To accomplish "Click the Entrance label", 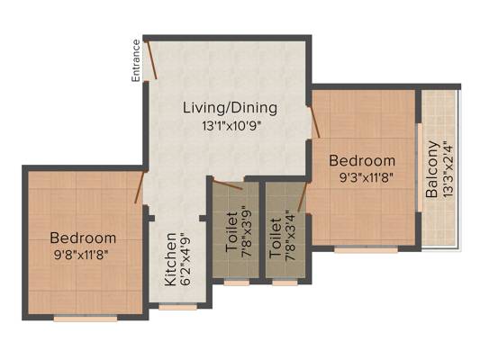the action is tap(136, 60).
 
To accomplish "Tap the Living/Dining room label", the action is tap(231, 108).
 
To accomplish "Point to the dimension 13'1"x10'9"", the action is tap(231, 126).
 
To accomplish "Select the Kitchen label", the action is tap(171, 259).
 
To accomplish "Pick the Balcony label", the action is tap(432, 169).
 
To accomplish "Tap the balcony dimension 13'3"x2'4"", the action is tap(448, 169).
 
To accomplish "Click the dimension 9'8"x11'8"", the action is tap(81, 255).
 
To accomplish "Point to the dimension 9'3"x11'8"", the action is tap(367, 177).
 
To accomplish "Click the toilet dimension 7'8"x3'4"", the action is tap(290, 238).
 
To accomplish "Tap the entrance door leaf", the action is tap(152, 59).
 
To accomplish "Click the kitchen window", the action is tap(177, 307).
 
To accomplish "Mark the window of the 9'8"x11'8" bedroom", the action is tap(86, 319).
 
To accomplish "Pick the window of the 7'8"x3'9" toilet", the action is tap(237, 283).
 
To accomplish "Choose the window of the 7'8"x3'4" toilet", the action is tap(285, 283).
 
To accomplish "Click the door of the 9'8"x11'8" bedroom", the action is tap(140, 187).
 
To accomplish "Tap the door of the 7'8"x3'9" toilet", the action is tap(228, 184).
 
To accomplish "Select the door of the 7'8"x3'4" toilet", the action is tap(303, 197).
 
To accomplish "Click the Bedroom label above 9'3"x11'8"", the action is tap(362, 160).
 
